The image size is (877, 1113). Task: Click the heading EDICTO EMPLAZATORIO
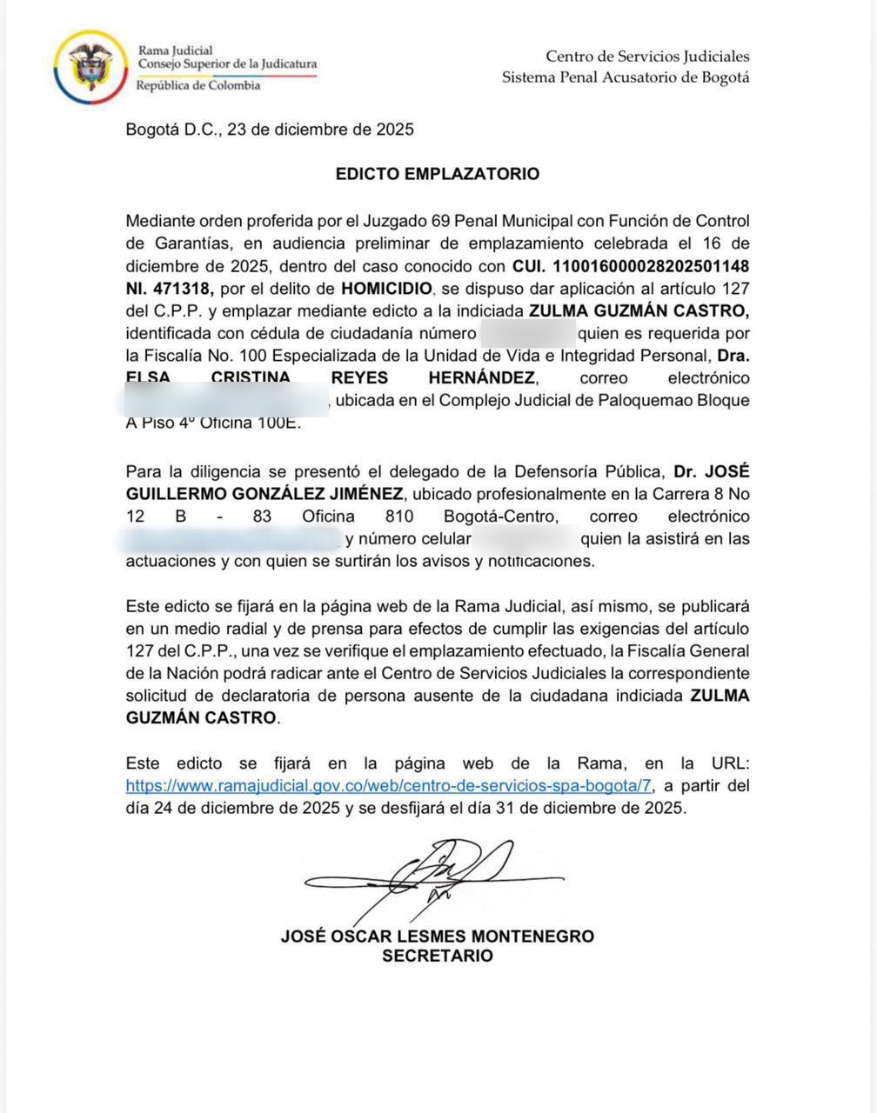[438, 174]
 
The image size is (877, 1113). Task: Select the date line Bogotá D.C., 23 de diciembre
[270, 130]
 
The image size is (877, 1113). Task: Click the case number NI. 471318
[170, 288]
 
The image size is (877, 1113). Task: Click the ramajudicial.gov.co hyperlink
[389, 785]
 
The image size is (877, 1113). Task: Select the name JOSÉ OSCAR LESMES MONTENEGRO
[438, 936]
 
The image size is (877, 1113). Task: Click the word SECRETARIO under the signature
[438, 956]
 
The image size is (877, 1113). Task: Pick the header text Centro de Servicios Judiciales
[647, 57]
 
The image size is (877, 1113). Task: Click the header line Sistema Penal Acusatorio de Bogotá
[626, 77]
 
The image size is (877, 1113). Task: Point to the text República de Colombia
[198, 85]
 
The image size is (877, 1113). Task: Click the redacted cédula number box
[527, 333]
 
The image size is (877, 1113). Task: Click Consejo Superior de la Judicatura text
[228, 63]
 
